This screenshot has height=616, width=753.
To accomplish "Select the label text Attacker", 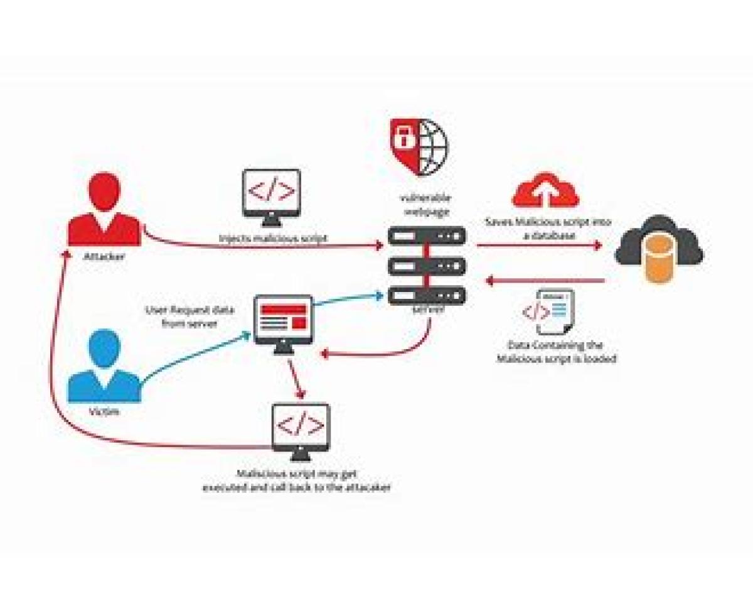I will click(104, 256).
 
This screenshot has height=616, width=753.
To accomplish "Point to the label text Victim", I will click(104, 412).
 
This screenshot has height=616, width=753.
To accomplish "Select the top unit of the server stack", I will click(427, 237).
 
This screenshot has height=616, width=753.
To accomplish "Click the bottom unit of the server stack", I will click(427, 295).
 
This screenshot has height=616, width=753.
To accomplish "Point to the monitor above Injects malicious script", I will click(272, 195).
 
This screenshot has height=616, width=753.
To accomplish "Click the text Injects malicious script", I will click(273, 238).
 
